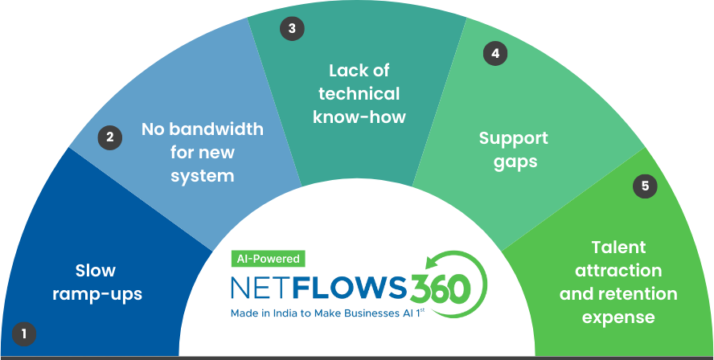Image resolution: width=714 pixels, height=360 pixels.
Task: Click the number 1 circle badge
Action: click(24, 333)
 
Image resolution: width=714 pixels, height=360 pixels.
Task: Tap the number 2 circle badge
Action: click(110, 137)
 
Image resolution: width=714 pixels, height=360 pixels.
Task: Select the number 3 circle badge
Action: click(291, 29)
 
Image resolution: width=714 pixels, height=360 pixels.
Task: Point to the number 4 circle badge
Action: click(494, 54)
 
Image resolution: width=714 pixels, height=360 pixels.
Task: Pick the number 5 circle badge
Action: click(645, 186)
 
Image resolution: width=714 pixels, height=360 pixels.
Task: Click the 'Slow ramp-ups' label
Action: click(97, 282)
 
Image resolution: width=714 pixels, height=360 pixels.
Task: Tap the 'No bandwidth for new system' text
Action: click(202, 152)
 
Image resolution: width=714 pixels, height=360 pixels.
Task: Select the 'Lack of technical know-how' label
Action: click(359, 93)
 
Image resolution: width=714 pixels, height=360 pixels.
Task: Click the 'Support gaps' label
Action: click(513, 149)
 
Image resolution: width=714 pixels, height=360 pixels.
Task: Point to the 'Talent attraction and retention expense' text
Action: click(618, 282)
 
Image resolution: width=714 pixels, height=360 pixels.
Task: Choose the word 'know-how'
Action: click(359, 117)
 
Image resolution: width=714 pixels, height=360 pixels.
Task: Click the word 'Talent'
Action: click(618, 247)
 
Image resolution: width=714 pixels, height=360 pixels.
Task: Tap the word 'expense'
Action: click(618, 317)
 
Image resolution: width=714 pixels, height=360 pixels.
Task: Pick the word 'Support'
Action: click(513, 137)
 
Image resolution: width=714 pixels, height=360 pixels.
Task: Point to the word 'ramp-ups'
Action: click(97, 294)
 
